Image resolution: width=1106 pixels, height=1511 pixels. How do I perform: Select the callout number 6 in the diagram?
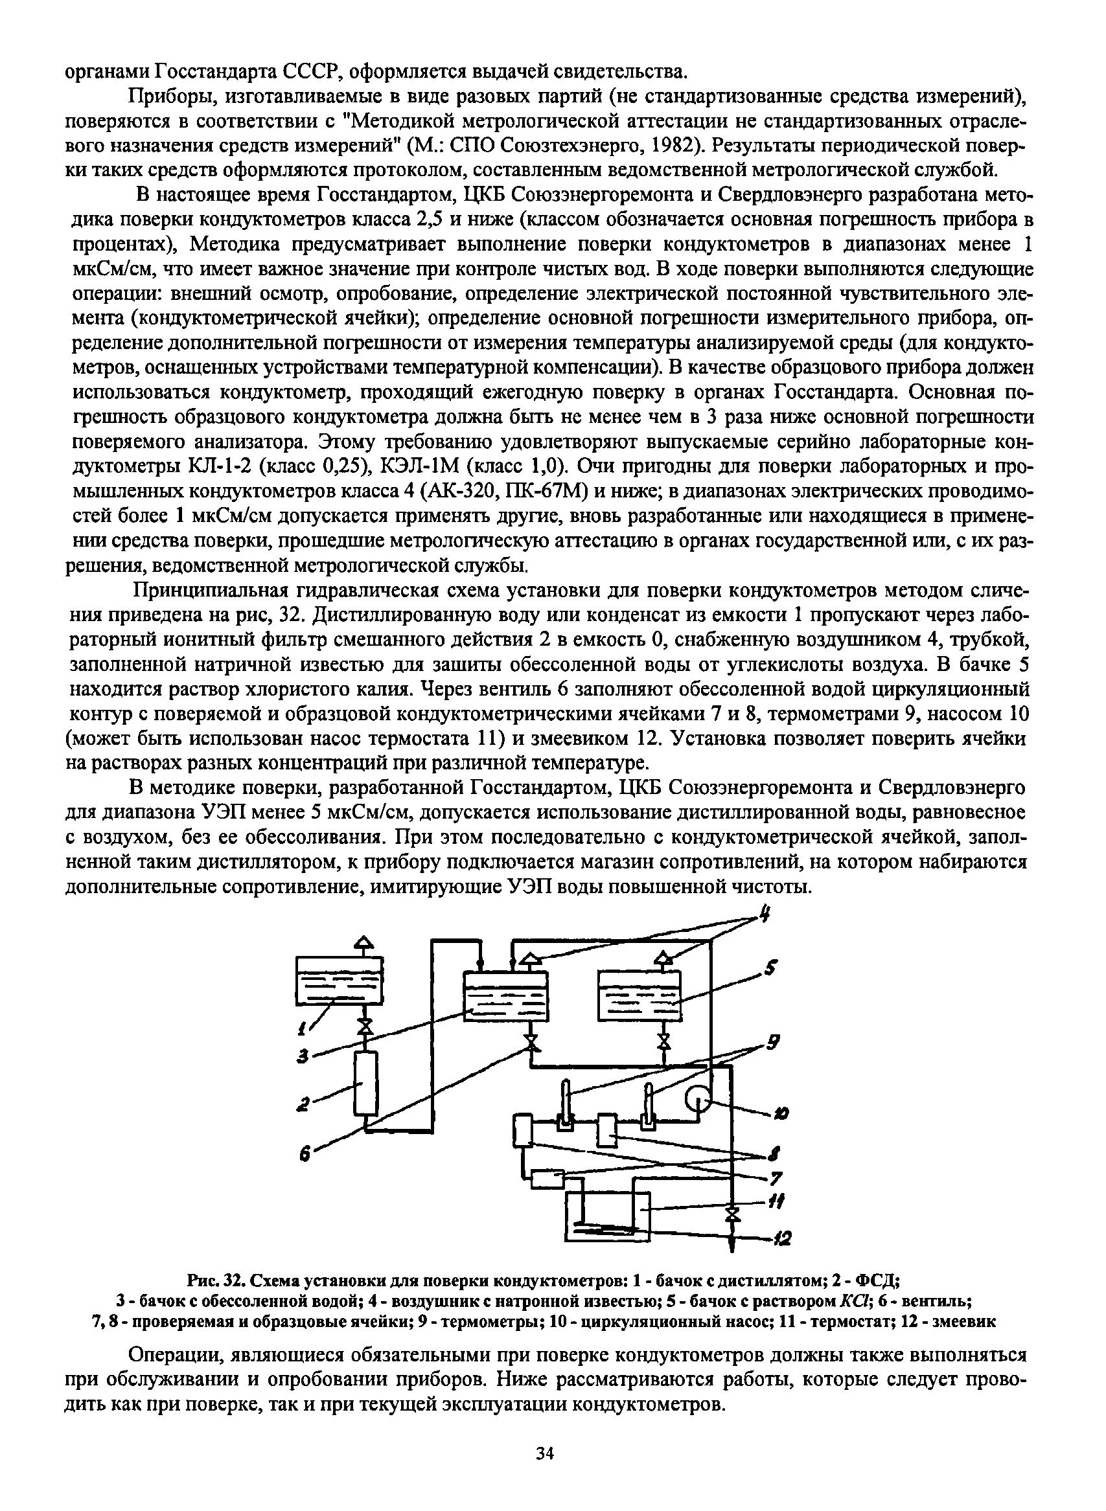coord(305,1153)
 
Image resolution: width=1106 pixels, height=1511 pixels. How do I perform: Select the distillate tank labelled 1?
coord(341,981)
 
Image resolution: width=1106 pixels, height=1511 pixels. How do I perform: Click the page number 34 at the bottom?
coord(546,1453)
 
